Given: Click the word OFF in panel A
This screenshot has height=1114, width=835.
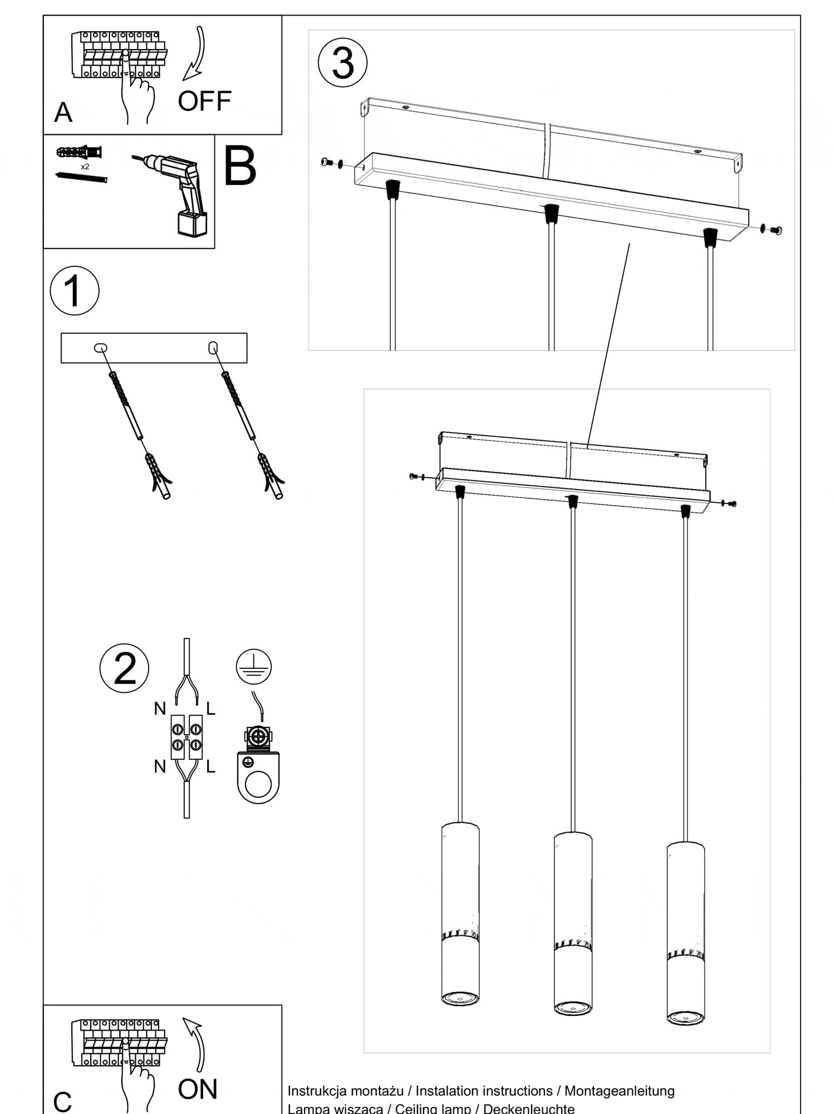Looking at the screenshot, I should tap(204, 101).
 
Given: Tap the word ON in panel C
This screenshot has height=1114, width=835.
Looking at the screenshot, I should tap(198, 1089).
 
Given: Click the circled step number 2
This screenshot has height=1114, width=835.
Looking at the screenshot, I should tap(124, 668).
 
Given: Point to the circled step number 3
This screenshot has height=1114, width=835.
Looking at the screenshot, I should tap(343, 62).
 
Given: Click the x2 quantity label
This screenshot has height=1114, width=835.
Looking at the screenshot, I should tap(85, 167).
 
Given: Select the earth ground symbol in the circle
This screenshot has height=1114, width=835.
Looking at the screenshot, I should tap(253, 666).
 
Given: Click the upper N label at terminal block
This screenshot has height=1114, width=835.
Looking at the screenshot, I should tap(160, 709).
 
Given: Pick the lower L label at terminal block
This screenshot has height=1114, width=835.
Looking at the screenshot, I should tap(210, 767).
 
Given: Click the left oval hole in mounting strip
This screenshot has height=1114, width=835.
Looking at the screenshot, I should tap(100, 348).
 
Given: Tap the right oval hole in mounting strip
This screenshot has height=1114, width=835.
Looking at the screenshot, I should tap(212, 348).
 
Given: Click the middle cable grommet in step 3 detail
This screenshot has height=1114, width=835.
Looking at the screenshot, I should tap(551, 213).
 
